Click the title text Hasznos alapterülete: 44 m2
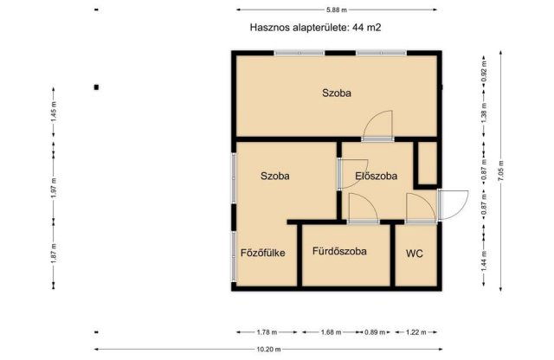pyautogui.click(x=315, y=28)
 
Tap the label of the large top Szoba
pyautogui.click(x=338, y=93)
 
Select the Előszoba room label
pyautogui.click(x=377, y=176)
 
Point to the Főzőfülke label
pyautogui.click(x=263, y=253)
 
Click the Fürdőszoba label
pyautogui.click(x=339, y=252)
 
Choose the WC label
pyautogui.click(x=414, y=253)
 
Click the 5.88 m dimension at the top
pyautogui.click(x=338, y=10)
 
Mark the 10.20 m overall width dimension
pyautogui.click(x=268, y=349)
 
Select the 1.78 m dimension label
pyautogui.click(x=267, y=331)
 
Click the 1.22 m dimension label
pyautogui.click(x=416, y=331)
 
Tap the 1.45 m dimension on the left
pyautogui.click(x=54, y=115)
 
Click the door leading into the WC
pyautogui.click(x=419, y=209)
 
